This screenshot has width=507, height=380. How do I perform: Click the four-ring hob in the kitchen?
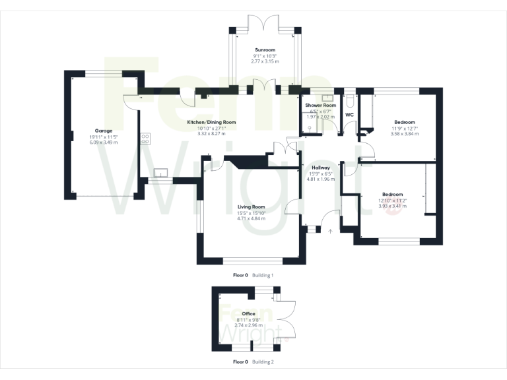click(x=145, y=139)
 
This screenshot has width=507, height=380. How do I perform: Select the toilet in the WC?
click(x=350, y=102)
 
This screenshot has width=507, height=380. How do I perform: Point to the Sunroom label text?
click(x=265, y=49)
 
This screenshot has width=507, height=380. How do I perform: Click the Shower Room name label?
click(x=321, y=106)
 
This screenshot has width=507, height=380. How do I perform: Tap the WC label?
click(x=350, y=115)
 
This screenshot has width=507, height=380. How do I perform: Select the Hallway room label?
click(x=320, y=168)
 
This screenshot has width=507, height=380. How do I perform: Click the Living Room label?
click(x=251, y=207)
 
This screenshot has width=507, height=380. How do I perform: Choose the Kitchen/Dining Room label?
click(x=211, y=123)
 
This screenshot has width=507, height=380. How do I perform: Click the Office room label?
click(x=248, y=313)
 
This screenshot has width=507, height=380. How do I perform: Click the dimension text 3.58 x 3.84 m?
click(x=405, y=134)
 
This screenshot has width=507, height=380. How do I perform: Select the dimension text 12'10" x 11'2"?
click(x=392, y=201)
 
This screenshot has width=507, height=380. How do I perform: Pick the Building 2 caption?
click(x=263, y=362)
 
